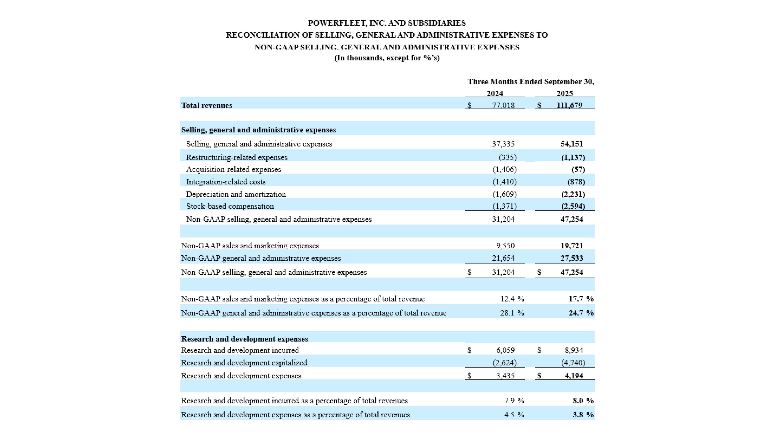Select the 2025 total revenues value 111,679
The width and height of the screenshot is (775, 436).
(x=569, y=105)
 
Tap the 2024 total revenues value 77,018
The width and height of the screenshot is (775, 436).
(x=503, y=105)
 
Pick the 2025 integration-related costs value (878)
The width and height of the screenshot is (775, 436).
(x=576, y=182)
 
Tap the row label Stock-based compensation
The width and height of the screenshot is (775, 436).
(x=230, y=206)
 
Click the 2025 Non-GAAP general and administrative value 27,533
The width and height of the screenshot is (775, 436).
(x=572, y=258)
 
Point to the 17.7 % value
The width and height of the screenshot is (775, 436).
(x=581, y=299)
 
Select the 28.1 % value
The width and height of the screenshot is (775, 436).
(x=512, y=313)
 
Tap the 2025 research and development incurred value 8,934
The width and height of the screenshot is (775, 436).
(x=574, y=350)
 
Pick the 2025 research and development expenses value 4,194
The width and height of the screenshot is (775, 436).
(x=574, y=376)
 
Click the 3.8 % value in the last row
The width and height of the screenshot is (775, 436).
(x=583, y=415)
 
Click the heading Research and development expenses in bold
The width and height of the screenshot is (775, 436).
(x=244, y=339)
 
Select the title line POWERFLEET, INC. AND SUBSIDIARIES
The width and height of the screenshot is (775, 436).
(x=387, y=23)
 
